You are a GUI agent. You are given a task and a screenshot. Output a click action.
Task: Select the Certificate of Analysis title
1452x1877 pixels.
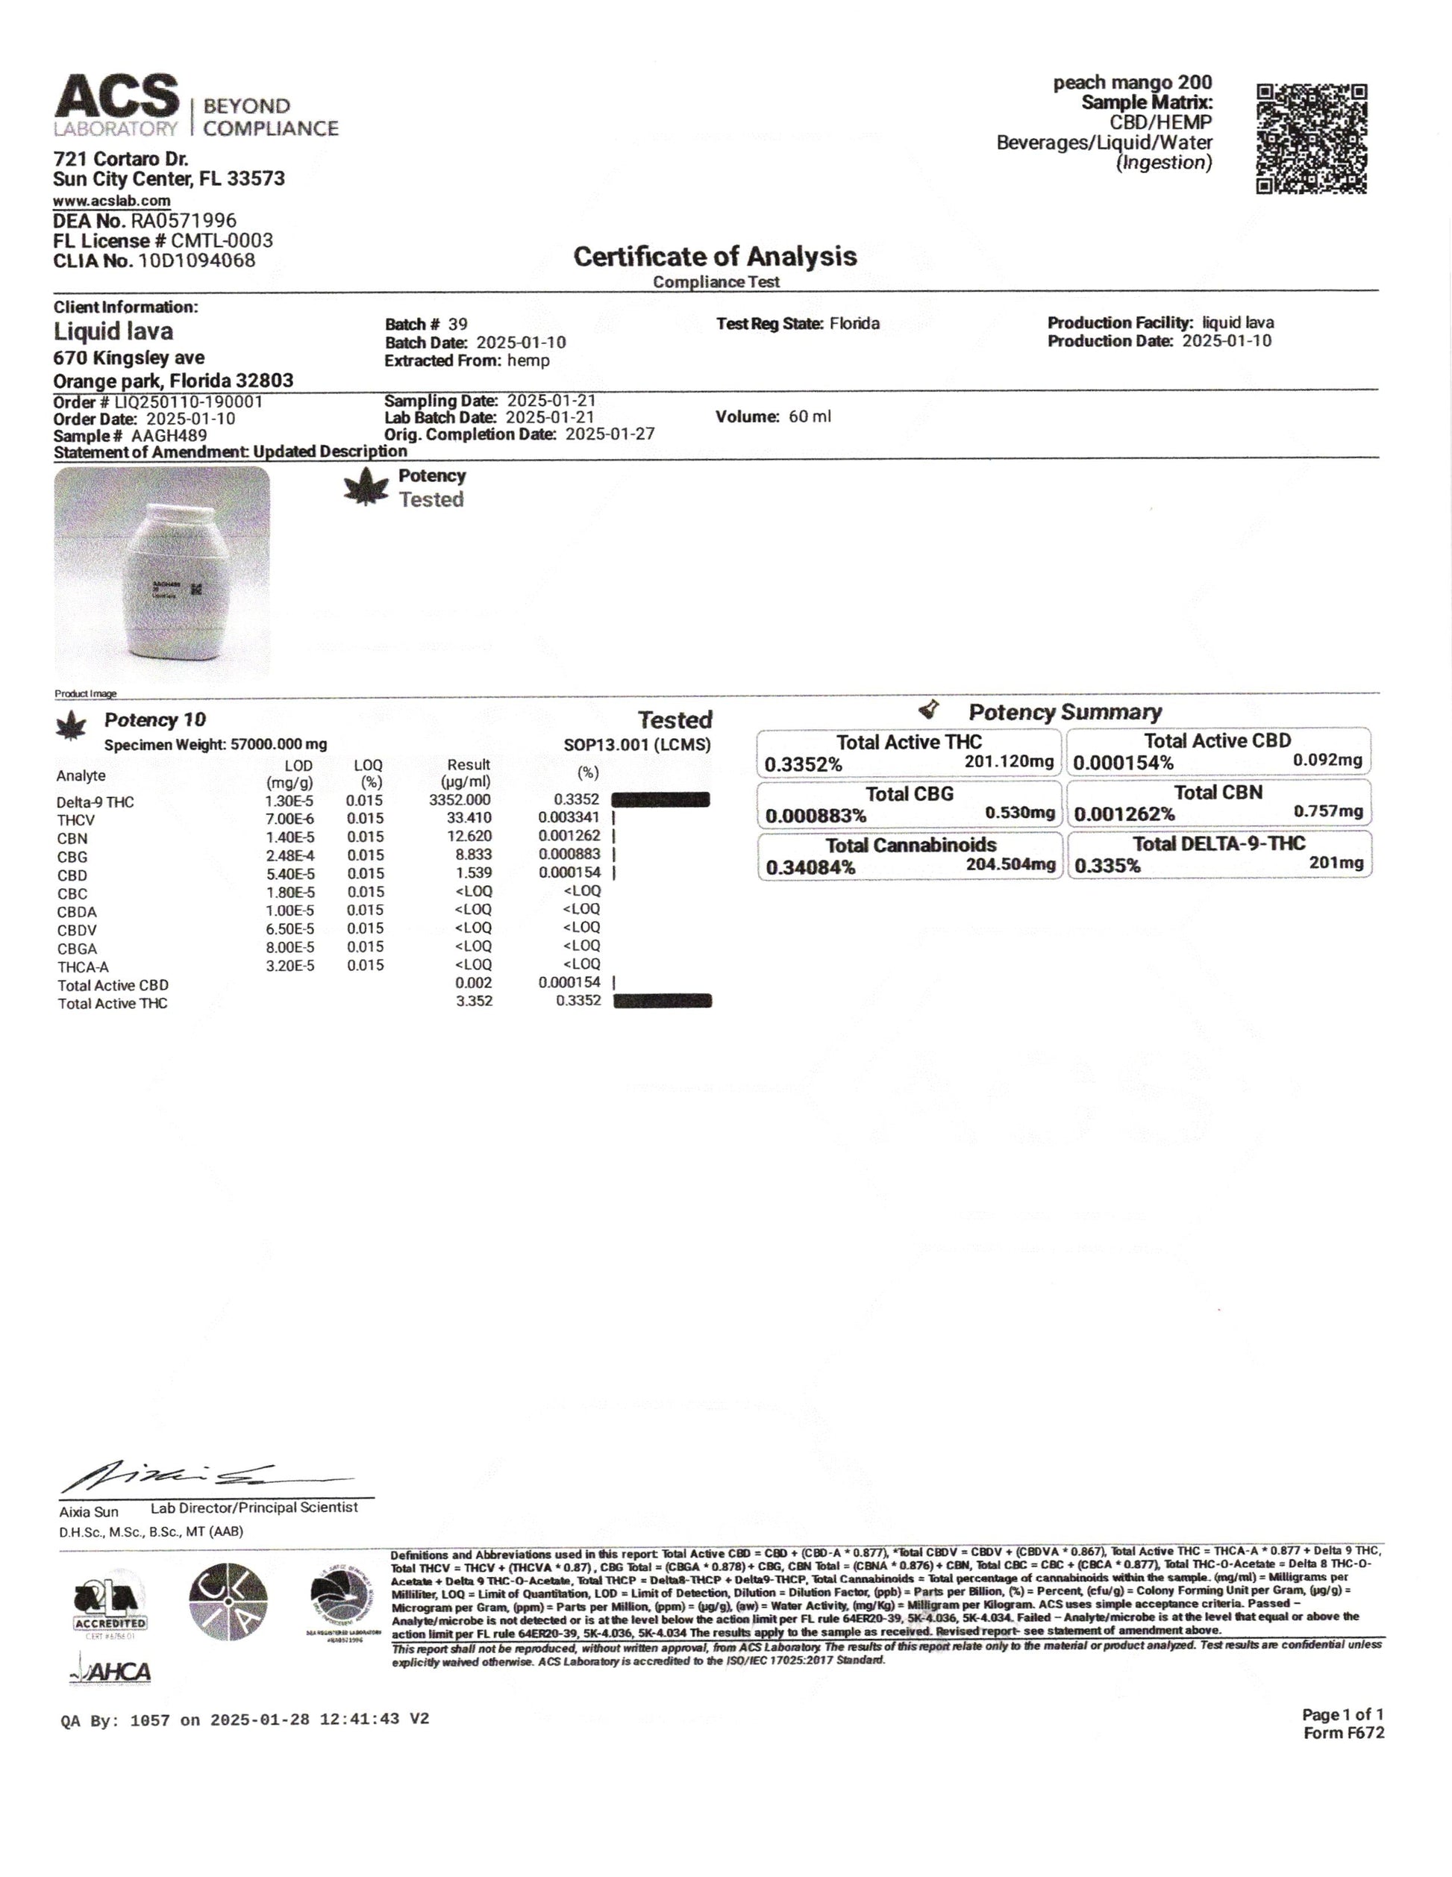tap(715, 256)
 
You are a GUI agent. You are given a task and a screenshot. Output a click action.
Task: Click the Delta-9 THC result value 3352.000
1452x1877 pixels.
tap(465, 800)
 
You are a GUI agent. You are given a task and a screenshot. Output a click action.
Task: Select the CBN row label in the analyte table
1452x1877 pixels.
tap(72, 838)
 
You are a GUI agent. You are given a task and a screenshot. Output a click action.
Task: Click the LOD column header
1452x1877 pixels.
tap(298, 766)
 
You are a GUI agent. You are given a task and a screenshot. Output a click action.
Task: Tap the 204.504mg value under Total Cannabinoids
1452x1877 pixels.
tap(1010, 863)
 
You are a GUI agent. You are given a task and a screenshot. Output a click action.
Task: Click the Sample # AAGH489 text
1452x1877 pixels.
tap(130, 436)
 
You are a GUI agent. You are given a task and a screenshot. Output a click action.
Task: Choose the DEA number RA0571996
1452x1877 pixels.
tap(183, 221)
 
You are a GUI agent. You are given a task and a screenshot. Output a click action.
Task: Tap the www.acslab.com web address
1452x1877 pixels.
tap(112, 201)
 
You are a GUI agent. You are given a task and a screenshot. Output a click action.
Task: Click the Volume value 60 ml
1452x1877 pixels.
tap(810, 417)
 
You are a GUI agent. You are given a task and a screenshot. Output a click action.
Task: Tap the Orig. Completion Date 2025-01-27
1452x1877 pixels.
tap(609, 434)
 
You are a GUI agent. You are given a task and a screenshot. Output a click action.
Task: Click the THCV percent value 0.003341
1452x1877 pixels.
tap(569, 818)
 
